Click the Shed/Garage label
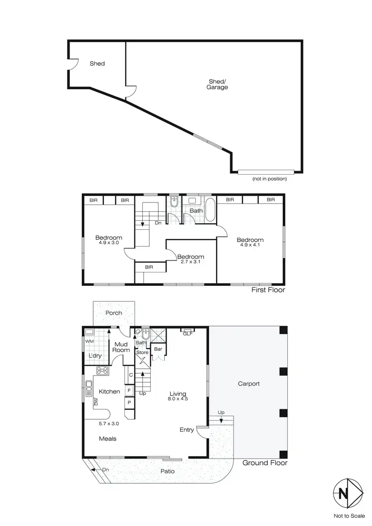click(x=217, y=84)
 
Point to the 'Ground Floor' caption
click(x=265, y=463)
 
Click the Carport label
click(x=248, y=384)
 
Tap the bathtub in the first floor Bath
click(x=210, y=210)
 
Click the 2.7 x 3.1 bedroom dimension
click(x=191, y=262)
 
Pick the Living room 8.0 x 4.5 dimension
click(x=177, y=398)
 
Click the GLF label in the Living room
click(x=188, y=334)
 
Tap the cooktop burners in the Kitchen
click(x=103, y=370)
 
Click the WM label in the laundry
click(x=90, y=342)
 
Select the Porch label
click(x=114, y=313)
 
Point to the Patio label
click(x=167, y=471)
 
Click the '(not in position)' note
click(x=269, y=179)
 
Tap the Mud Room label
click(x=122, y=347)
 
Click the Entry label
click(x=186, y=430)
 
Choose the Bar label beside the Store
click(x=159, y=349)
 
